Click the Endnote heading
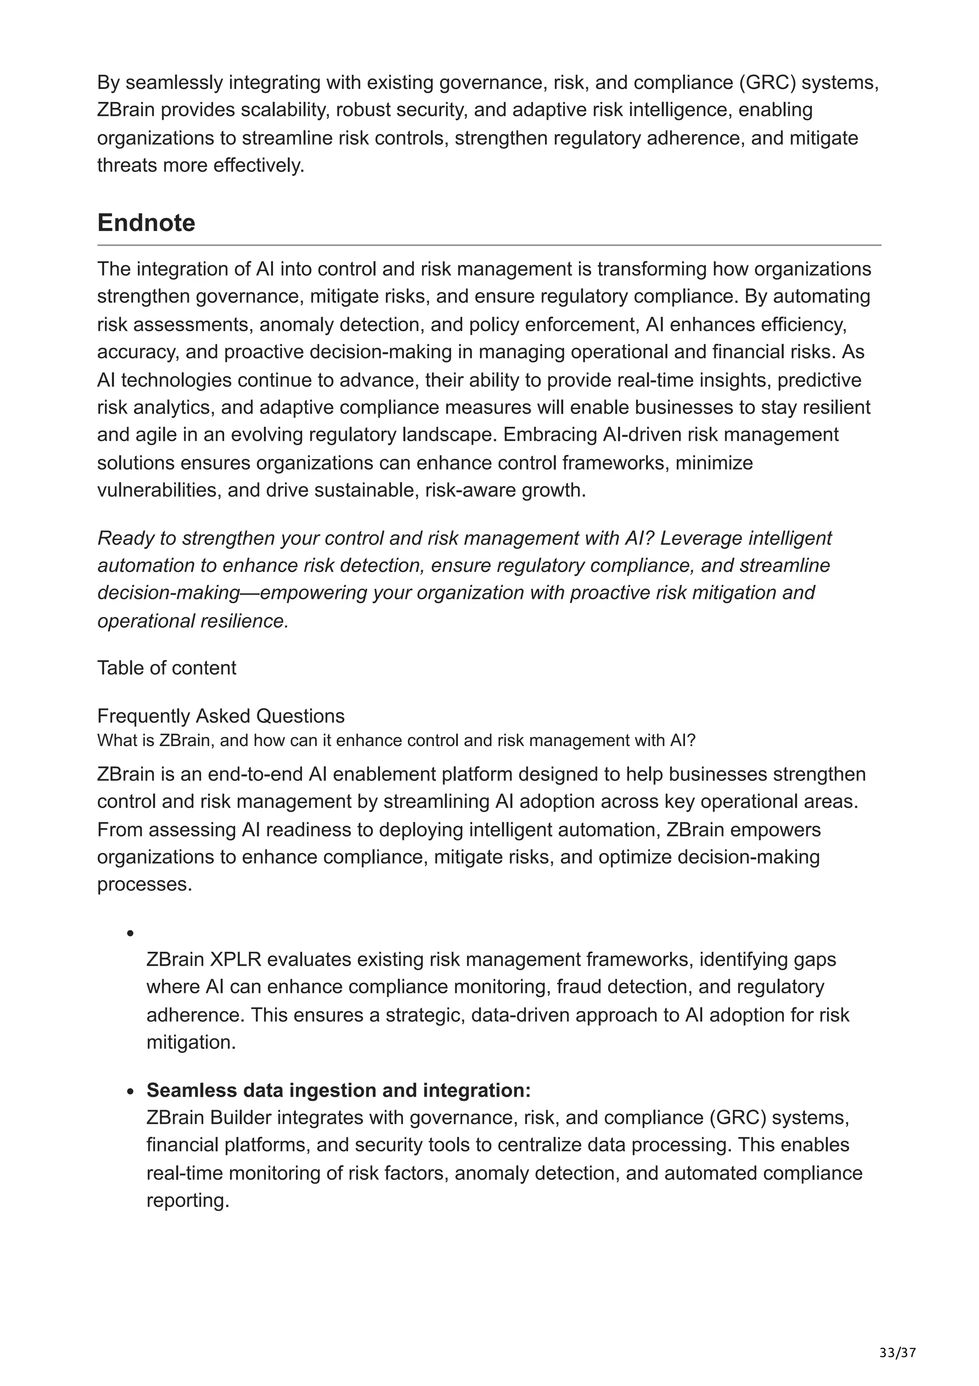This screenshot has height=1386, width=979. (x=146, y=223)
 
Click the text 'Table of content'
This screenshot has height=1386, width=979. (x=166, y=668)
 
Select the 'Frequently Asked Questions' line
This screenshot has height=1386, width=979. (x=221, y=716)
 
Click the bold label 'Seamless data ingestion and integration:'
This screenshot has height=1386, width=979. (x=338, y=1090)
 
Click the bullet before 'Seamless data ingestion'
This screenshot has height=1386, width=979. (x=130, y=1091)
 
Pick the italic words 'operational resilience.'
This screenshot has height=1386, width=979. (x=193, y=621)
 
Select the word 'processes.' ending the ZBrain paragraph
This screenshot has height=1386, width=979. (x=145, y=884)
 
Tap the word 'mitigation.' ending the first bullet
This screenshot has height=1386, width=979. (x=191, y=1043)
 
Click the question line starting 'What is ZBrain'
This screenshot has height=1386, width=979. (x=396, y=741)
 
